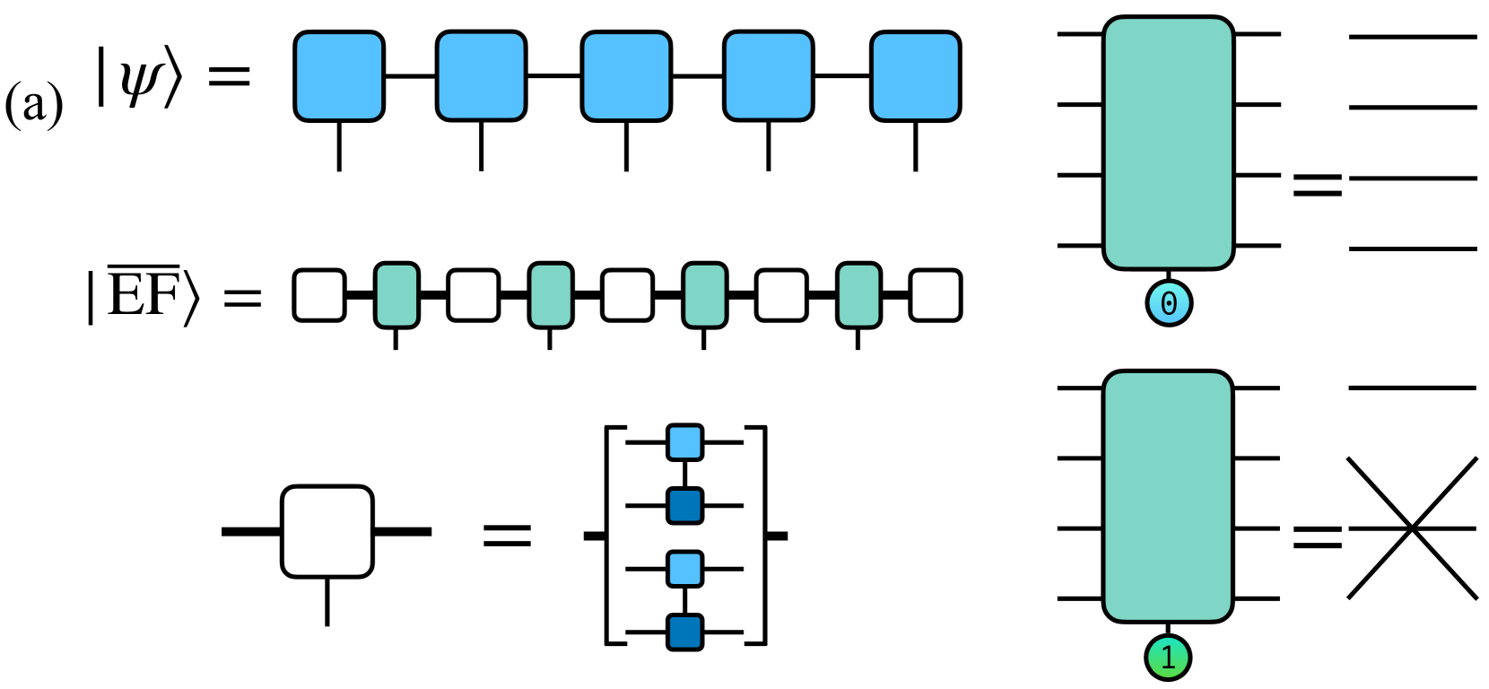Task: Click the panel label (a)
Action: click(x=33, y=105)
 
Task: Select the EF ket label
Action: click(x=144, y=295)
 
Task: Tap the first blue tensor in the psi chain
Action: click(x=339, y=76)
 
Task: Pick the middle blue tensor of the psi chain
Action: click(x=626, y=76)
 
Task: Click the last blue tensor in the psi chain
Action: click(x=915, y=76)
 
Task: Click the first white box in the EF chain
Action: click(x=319, y=295)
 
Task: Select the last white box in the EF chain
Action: click(x=936, y=295)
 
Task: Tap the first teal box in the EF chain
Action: click(x=396, y=295)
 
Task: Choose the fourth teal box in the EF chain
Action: click(x=858, y=295)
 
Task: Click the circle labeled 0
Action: click(x=1169, y=303)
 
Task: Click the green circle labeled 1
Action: click(x=1168, y=658)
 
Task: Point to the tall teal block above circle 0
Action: click(x=1169, y=142)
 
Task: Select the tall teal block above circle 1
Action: click(x=1168, y=496)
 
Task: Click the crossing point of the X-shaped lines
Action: click(x=1412, y=528)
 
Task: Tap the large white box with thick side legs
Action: click(x=327, y=531)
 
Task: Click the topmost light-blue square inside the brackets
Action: click(x=685, y=442)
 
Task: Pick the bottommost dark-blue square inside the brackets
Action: click(x=685, y=632)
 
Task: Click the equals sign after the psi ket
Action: click(x=229, y=76)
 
